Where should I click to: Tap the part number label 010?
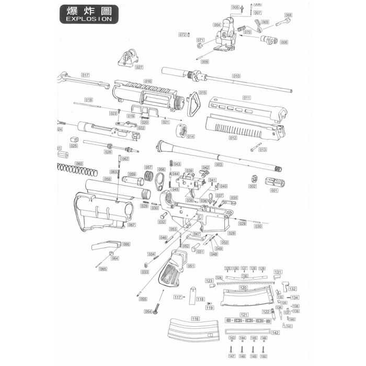[x=236, y=76]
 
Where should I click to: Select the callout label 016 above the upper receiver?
[x=148, y=81]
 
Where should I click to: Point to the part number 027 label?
[x=139, y=67]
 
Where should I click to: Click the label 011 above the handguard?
[x=247, y=98]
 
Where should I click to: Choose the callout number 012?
[x=233, y=138]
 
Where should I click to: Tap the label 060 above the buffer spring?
[x=79, y=164]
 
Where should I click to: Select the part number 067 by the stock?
[x=132, y=225]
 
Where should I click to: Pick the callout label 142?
[x=276, y=333]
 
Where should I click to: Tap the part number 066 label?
[x=126, y=244]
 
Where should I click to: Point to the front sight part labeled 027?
[x=125, y=56]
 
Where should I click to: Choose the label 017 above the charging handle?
[x=85, y=75]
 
